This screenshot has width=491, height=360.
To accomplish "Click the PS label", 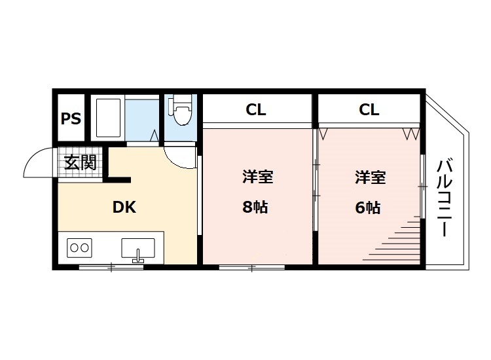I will [71, 119].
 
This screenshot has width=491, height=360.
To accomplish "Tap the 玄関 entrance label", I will [81, 162].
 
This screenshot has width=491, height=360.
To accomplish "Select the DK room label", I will [124, 207].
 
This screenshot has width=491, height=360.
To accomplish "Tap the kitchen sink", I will [138, 249].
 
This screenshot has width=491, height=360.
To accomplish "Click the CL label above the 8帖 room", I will [256, 109].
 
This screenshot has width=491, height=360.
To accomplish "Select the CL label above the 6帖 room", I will [369, 109].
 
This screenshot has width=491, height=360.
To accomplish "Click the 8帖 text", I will [255, 207].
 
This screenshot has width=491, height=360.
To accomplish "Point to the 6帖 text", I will [368, 207].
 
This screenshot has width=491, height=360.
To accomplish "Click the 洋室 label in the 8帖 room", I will [257, 177].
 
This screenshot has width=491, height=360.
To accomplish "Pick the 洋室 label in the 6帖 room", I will [370, 177].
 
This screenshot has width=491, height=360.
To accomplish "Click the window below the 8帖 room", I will [252, 267].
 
